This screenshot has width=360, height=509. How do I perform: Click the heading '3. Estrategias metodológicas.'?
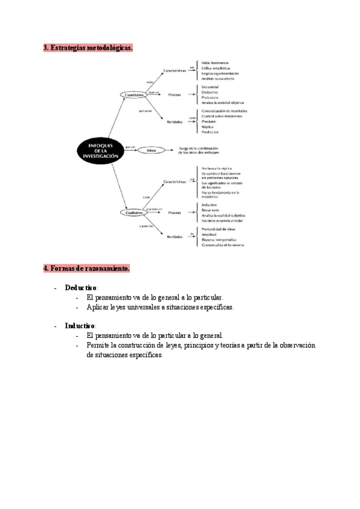pos(88,47)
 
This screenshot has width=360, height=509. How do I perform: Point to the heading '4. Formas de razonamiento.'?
pos(86,268)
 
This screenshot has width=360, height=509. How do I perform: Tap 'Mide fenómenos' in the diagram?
pos(215,62)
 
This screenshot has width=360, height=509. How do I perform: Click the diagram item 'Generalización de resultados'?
pos(224,110)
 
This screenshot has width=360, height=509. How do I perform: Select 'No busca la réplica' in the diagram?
pos(217,169)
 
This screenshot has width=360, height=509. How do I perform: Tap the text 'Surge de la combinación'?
pos(205,148)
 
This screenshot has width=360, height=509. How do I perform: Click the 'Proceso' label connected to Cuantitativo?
pos(175,95)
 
